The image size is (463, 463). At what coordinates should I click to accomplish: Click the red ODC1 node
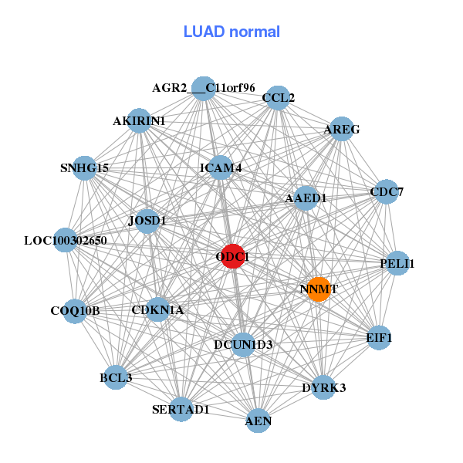[x=233, y=256]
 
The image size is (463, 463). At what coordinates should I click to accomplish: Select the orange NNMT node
[x=318, y=289]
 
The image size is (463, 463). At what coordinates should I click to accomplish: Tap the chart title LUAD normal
[x=231, y=32]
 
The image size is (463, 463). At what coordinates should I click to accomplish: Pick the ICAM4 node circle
[x=221, y=167]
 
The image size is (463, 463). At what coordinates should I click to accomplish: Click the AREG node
[x=340, y=130]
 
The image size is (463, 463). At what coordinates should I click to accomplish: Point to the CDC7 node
[x=385, y=191]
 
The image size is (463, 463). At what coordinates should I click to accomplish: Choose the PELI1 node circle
[x=397, y=264]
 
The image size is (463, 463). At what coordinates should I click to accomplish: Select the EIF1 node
[x=379, y=337]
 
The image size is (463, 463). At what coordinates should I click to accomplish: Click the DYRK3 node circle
[x=323, y=387]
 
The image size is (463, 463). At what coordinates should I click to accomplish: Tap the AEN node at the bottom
[x=258, y=421]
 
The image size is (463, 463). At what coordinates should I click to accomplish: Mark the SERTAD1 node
[x=181, y=409]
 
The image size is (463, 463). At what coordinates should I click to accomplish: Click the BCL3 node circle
[x=116, y=377]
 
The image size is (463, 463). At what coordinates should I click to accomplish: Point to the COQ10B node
[x=75, y=311]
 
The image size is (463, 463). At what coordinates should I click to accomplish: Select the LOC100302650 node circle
[x=66, y=241]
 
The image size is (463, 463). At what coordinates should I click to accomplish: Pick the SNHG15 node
[x=85, y=167]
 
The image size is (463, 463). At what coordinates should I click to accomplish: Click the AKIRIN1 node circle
[x=140, y=120]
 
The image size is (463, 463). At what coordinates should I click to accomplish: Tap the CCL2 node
[x=277, y=98]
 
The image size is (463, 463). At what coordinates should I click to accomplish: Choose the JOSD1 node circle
[x=147, y=221]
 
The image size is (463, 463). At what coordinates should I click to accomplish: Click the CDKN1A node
[x=157, y=310]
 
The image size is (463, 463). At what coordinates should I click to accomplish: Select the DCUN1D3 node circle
[x=243, y=344]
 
